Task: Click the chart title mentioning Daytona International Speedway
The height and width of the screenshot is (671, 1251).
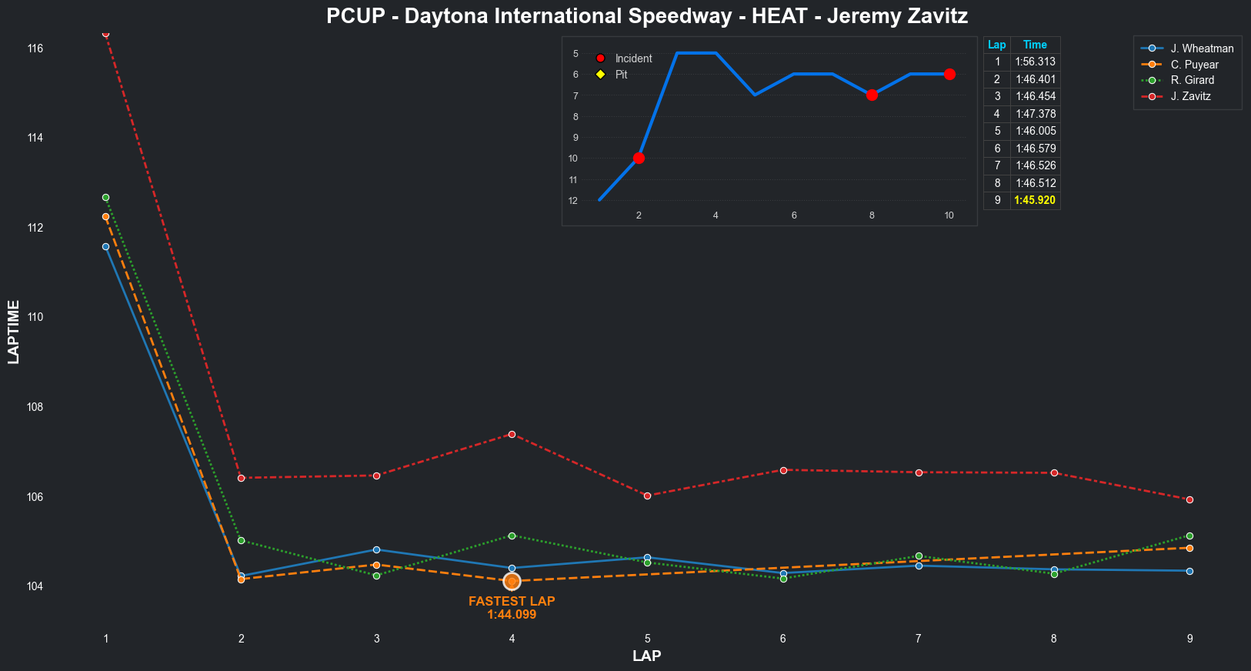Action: coord(646,16)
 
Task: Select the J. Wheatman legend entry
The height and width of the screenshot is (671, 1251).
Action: coord(1201,48)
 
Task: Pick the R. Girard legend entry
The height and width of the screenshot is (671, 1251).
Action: coord(1192,80)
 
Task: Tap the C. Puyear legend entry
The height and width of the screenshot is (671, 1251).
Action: coord(1194,65)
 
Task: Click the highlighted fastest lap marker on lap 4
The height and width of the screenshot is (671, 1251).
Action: coord(512,582)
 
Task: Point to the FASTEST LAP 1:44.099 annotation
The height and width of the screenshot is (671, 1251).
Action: coord(512,608)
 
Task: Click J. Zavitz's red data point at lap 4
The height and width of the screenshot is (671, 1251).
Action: coord(512,435)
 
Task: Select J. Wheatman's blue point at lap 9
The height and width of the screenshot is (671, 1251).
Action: coord(1189,571)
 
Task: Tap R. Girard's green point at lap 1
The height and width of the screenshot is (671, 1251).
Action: coord(105,198)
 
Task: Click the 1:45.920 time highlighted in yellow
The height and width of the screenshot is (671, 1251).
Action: coord(1035,200)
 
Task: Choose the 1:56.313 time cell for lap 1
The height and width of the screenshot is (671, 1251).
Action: coord(1035,62)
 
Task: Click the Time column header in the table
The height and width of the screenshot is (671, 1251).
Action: coord(1035,45)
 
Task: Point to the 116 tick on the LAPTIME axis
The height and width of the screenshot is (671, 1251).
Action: coord(35,48)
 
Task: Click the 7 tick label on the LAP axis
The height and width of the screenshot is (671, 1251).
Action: coord(918,639)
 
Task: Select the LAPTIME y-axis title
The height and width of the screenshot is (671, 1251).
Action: coord(14,332)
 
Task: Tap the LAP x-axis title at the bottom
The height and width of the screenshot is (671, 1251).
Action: coord(646,656)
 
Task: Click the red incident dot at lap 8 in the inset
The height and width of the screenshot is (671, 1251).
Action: coord(872,95)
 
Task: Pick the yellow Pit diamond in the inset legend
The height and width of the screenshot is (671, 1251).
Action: coord(601,75)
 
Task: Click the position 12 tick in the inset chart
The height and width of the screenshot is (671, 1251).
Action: coord(573,201)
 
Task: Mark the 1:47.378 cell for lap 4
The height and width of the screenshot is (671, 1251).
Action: coord(1035,114)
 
